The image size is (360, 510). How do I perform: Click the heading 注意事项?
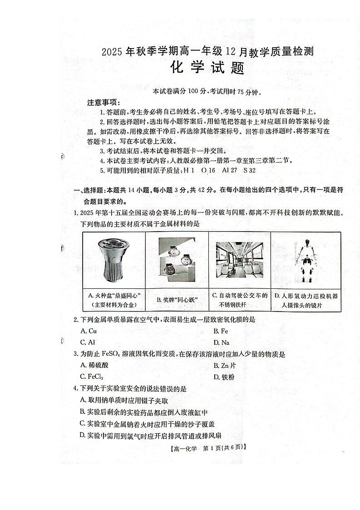104,103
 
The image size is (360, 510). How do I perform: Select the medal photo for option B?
176,257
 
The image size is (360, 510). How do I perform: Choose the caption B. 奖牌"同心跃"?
177,300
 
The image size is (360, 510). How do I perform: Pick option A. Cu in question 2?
89,331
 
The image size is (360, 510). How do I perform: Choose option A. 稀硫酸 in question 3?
93,365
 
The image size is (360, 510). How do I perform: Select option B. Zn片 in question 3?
224,365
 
